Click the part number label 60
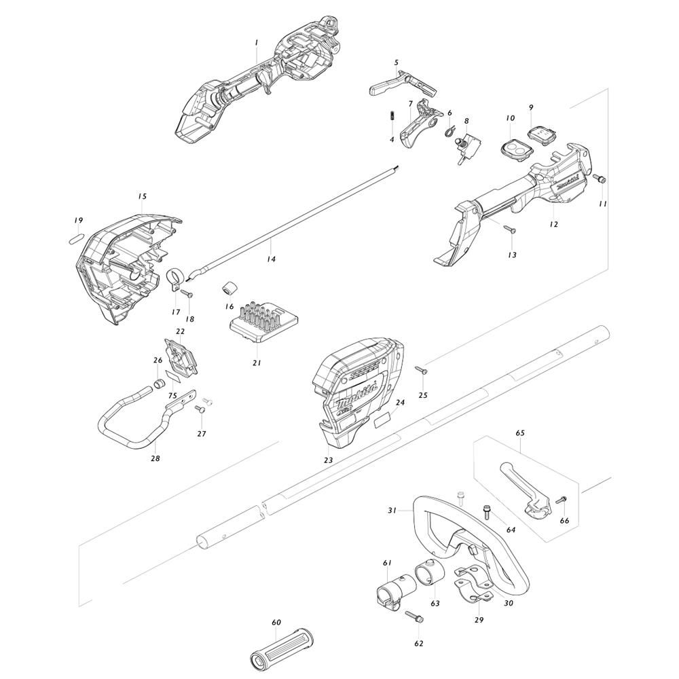tap(276, 622)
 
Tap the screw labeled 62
tap(414, 617)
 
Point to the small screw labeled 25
tap(420, 369)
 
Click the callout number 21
tap(257, 363)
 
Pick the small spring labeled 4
tap(391, 117)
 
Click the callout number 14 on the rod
tap(271, 259)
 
